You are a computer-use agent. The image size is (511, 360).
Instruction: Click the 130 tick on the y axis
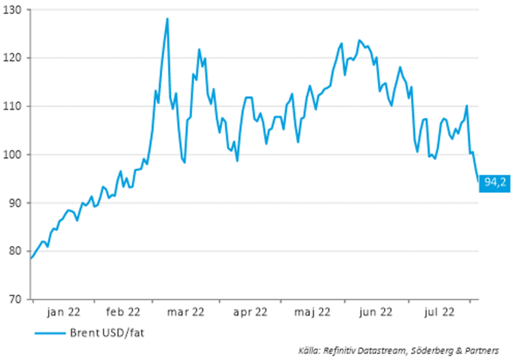pos(15,9)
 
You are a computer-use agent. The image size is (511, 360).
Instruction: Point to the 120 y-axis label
pos(15,58)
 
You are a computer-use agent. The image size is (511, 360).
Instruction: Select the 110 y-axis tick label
pos(15,106)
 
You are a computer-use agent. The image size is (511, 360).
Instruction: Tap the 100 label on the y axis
pos(15,154)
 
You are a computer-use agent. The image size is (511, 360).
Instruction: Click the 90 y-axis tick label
pos(17,202)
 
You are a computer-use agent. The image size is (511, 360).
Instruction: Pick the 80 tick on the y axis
pos(17,250)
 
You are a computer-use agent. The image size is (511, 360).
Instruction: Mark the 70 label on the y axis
pos(17,299)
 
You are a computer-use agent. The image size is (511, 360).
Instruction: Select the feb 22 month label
pos(123,312)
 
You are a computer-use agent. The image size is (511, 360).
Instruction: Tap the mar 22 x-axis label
pos(186,312)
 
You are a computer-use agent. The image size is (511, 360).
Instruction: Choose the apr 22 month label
pos(250,312)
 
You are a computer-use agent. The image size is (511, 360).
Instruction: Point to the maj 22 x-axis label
pos(313,312)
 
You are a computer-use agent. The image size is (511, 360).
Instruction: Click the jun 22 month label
pos(376,312)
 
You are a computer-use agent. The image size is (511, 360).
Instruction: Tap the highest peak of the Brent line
pos(167,19)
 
